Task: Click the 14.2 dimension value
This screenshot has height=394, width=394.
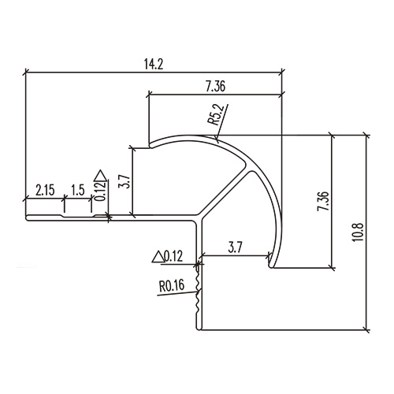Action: coord(154,64)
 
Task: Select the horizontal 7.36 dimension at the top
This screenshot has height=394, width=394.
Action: coord(214,86)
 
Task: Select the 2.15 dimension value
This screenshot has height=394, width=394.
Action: coord(45,190)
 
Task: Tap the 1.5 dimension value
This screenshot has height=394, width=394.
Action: coord(77,190)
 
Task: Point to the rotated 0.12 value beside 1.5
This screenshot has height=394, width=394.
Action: coord(98,192)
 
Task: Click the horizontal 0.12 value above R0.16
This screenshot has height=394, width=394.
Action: coord(173,255)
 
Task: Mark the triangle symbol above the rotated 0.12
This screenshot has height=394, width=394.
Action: coord(98,174)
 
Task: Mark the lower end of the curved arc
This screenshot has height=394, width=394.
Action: coord(272,266)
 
